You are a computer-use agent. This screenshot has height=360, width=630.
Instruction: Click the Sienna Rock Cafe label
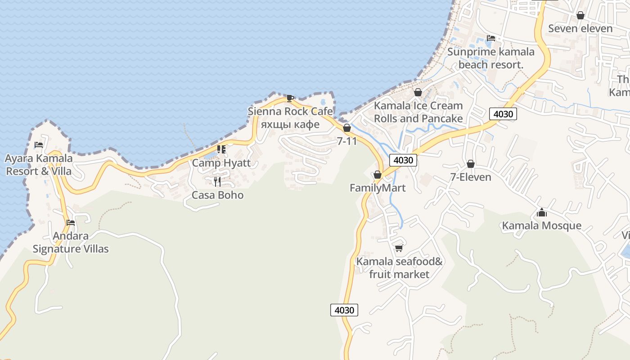(290, 112)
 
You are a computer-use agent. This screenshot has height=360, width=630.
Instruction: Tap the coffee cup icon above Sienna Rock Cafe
(290, 98)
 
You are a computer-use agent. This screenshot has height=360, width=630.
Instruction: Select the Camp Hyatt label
(221, 163)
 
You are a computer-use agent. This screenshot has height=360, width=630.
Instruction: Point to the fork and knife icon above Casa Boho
(217, 181)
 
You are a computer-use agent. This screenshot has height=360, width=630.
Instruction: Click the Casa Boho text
(217, 195)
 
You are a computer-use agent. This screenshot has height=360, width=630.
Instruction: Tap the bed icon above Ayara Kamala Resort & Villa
(39, 145)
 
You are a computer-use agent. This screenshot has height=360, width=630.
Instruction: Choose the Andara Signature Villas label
(71, 242)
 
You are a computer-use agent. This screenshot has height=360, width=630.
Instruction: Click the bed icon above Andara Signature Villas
(71, 222)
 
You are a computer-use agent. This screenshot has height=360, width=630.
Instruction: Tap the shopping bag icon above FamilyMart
(378, 175)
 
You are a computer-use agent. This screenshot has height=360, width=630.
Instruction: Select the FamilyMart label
(378, 188)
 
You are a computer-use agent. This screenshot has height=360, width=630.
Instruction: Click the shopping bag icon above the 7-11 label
(347, 128)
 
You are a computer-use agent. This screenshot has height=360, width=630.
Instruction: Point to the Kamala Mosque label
(542, 226)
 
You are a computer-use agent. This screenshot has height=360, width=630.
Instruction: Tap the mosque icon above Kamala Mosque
(542, 212)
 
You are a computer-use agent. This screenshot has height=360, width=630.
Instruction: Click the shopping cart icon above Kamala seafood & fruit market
(399, 248)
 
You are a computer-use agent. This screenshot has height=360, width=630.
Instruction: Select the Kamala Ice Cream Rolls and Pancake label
(418, 112)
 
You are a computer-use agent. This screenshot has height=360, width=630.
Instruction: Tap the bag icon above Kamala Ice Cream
(418, 92)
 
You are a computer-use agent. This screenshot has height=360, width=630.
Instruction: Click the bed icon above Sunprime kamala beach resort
(490, 38)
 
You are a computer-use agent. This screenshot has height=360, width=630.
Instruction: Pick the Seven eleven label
(580, 29)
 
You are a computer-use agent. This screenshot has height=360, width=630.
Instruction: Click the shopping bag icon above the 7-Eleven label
(471, 164)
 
